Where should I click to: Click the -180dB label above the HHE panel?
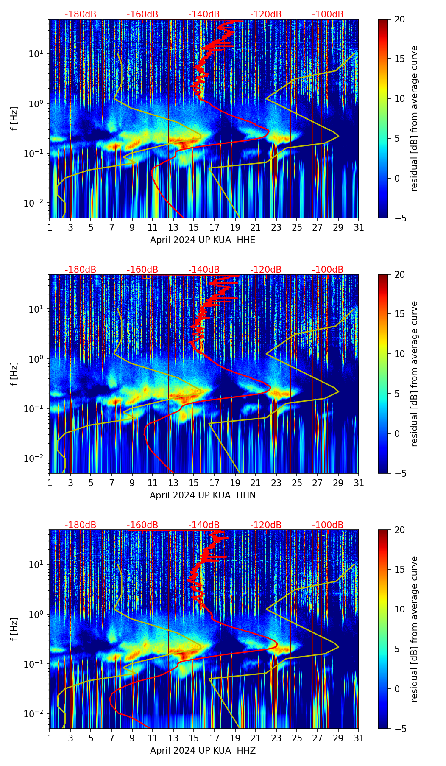coord(81,14)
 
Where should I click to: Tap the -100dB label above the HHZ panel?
coord(328,525)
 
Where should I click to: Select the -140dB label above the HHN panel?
coord(204,270)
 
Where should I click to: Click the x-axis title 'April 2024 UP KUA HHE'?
coord(203,240)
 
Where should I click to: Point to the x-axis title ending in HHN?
coord(203,495)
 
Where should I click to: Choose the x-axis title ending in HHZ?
coord(203,751)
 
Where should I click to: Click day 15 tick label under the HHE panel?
coord(194,228)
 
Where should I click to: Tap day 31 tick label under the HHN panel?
coord(359,483)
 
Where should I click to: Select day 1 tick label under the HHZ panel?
coord(50,738)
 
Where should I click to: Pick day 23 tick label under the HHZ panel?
coord(276,738)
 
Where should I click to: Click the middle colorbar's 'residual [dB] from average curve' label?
coord(415,374)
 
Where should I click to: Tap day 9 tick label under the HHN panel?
coord(132,483)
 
